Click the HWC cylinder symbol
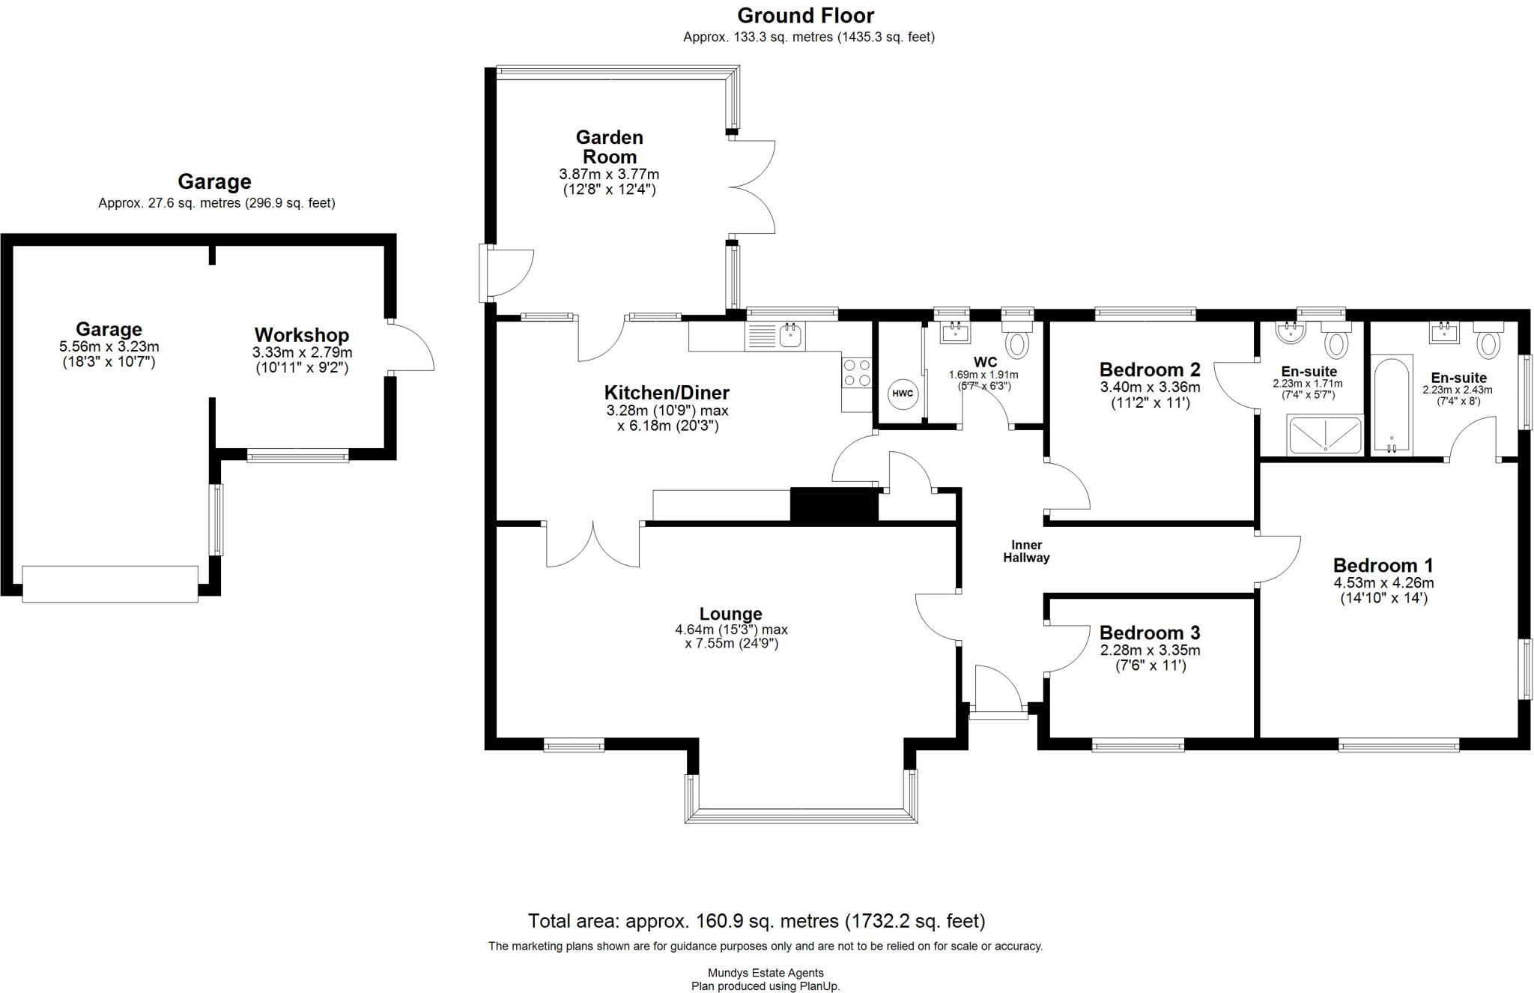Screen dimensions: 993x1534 (x=903, y=393)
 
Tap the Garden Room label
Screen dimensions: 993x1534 (x=609, y=147)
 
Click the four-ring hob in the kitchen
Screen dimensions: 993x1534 (x=857, y=372)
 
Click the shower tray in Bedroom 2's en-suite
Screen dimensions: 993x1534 (x=1324, y=435)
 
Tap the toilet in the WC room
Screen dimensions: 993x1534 (x=1017, y=344)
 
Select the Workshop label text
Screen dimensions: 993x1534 (x=301, y=335)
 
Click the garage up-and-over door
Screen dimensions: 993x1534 (x=110, y=584)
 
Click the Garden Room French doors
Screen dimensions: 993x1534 (x=751, y=187)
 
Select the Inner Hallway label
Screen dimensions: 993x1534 (x=1026, y=552)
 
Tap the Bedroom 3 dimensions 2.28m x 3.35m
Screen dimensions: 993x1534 (x=1150, y=650)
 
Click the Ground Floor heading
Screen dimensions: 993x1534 (x=805, y=16)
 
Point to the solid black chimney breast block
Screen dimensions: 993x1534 (x=834, y=504)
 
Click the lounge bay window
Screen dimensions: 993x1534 (x=801, y=815)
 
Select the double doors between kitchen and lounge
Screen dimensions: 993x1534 (x=592, y=544)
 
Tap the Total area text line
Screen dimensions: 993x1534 (x=756, y=921)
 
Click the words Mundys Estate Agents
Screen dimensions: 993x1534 (x=766, y=974)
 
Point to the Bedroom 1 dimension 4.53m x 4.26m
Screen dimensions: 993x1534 (x=1383, y=583)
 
